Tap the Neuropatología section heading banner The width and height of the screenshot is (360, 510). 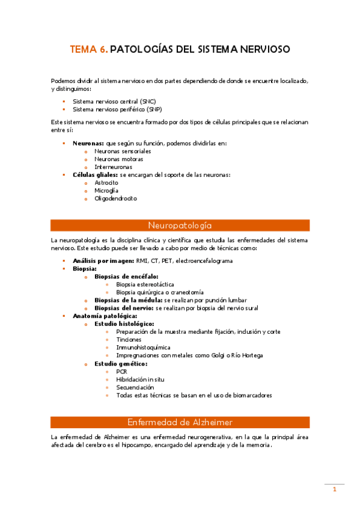(x=180, y=226)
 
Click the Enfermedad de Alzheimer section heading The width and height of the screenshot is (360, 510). (x=180, y=422)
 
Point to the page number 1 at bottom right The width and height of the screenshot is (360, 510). (x=335, y=490)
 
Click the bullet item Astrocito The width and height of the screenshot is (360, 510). (x=106, y=182)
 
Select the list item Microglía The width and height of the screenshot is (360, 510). (x=106, y=190)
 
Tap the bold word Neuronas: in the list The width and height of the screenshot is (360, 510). (x=88, y=143)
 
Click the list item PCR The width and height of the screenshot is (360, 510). (x=121, y=372)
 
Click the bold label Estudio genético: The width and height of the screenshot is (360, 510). (x=121, y=364)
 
